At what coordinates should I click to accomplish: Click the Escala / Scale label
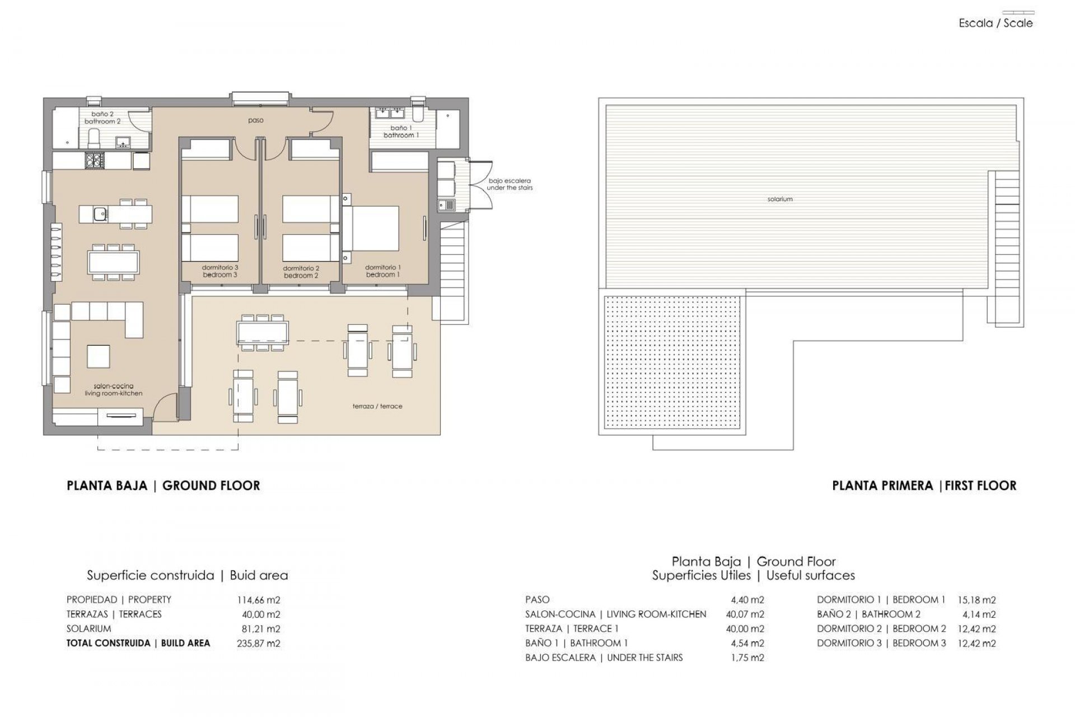point(995,24)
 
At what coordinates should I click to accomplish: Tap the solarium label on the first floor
point(780,199)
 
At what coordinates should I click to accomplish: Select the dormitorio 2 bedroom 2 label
point(301,272)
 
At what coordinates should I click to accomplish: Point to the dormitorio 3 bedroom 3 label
point(219,271)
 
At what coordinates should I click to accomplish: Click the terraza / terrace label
point(377,406)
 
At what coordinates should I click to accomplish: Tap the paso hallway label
point(256,120)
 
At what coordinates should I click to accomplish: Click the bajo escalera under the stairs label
point(510,184)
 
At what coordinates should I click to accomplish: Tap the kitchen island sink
point(100,213)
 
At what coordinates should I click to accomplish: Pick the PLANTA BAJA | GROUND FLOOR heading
point(163,486)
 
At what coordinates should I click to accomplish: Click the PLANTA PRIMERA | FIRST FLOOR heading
point(924,486)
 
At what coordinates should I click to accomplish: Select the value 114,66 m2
point(259,600)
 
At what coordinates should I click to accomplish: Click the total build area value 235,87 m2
point(259,644)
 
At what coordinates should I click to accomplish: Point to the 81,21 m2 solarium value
point(261,629)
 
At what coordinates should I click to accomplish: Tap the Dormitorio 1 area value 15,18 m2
point(977,600)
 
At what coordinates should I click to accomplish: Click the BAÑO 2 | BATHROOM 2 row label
point(868,614)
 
